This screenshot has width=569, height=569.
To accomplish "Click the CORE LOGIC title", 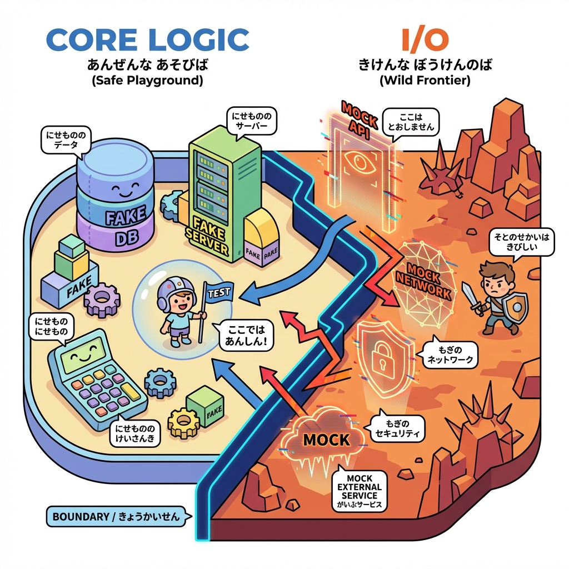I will coord(147,41).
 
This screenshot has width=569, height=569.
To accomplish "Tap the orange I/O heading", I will coord(425,41).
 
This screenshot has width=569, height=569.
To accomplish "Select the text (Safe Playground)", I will coord(147,80).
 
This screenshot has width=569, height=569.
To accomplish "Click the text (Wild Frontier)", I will coord(425,80).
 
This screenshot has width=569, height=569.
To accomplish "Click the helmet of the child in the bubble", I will coord(176,290).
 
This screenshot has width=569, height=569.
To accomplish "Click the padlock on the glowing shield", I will coord(383,360).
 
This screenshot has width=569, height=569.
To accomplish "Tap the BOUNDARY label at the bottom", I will coord(116,517).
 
